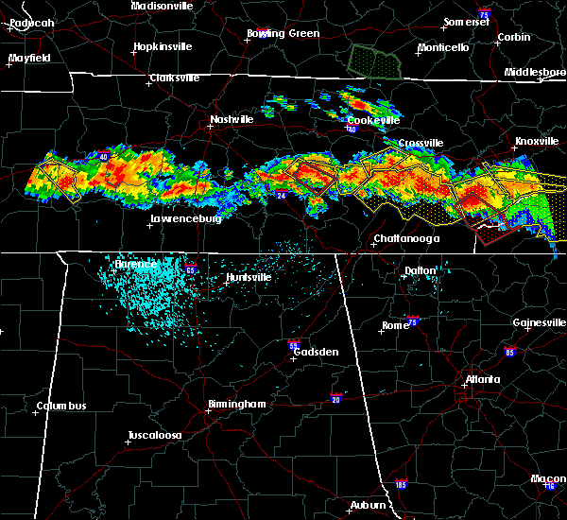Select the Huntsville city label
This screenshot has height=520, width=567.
click(249, 278)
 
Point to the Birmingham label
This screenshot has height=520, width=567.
click(236, 405)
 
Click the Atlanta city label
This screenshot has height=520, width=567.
click(483, 381)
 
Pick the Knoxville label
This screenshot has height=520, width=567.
click(536, 142)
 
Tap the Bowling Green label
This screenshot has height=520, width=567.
click(283, 34)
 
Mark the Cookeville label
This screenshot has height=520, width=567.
click(373, 121)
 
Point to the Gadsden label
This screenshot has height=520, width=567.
click(315, 352)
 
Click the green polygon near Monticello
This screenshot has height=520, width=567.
click(375, 62)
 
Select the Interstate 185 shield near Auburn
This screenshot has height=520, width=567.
click(403, 484)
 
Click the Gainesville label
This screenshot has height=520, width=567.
click(539, 322)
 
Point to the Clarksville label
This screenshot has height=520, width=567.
click(178, 78)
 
